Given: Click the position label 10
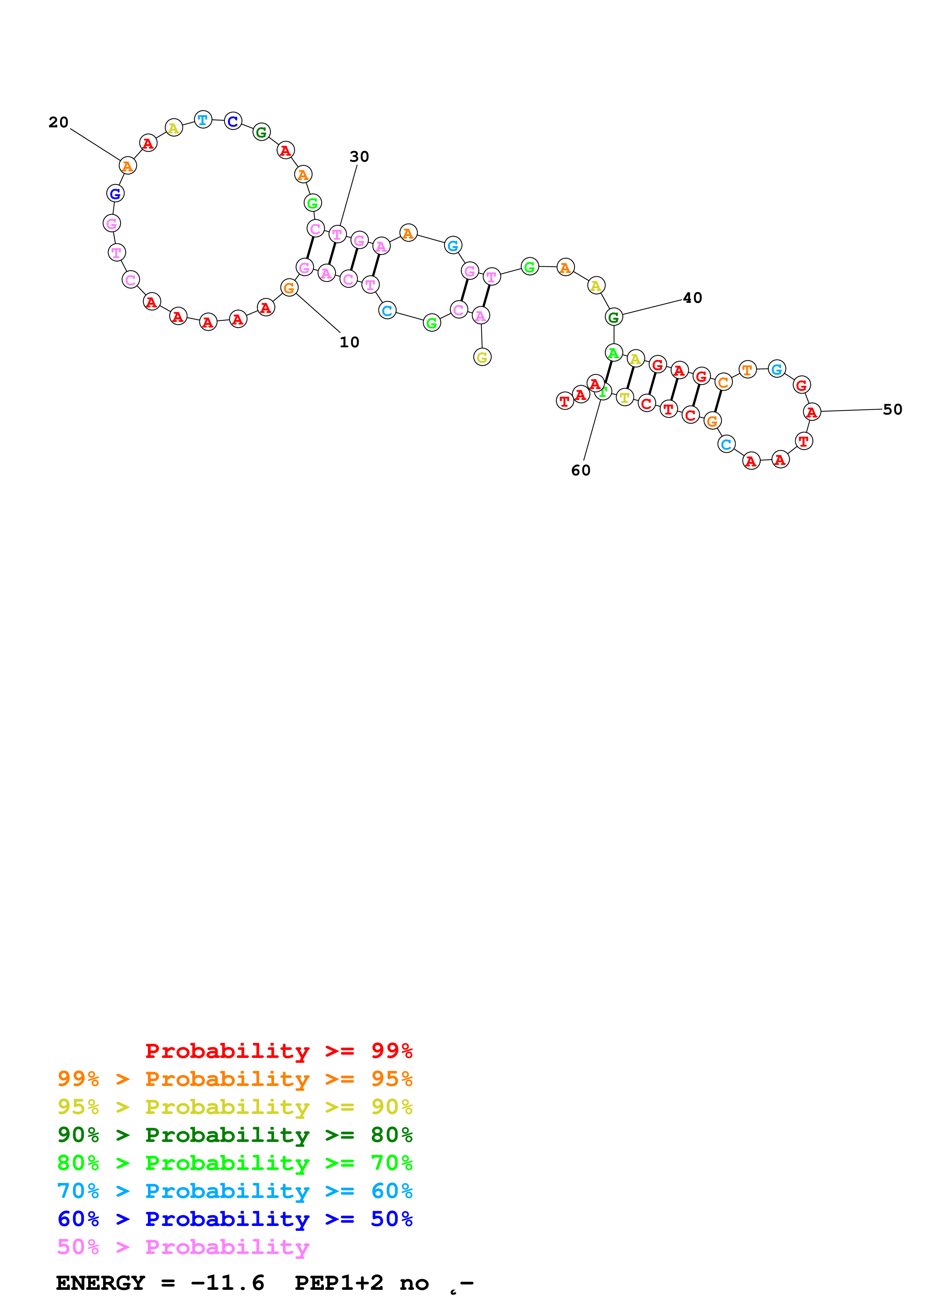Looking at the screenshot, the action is pos(349,342).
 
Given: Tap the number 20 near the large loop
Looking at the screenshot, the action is pos(58,122).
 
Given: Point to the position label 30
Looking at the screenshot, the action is pos(359,156).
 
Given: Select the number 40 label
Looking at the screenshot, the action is pos(692,298).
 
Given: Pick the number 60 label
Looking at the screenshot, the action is pos(581,470).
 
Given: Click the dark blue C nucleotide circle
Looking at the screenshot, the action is pos(233,121).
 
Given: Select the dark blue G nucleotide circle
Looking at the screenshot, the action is pos(115,193).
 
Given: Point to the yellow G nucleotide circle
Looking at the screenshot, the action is pos(482,357).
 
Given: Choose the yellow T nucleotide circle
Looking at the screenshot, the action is pos(625,397).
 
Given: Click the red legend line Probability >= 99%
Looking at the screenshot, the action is pos(278,1051).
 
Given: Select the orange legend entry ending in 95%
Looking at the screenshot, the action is pos(235,1079).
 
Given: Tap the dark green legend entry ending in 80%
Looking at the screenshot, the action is pos(235,1135).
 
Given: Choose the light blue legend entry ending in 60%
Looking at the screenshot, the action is pos(235,1191).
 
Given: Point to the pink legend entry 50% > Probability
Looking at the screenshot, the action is pos(183,1247).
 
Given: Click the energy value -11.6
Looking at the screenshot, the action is pos(227,1283).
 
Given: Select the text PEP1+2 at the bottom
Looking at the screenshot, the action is pos(339,1283).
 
